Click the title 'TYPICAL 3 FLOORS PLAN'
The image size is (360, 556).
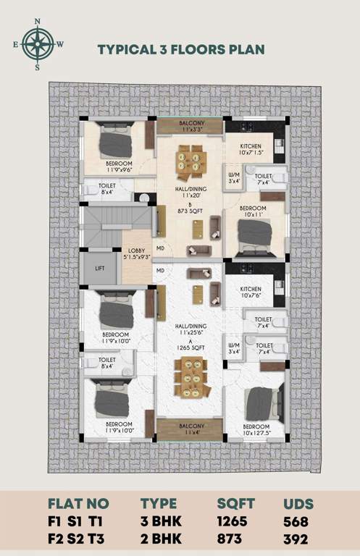pos(181,50)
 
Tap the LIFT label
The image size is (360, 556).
pos(100,268)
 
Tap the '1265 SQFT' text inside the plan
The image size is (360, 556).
pos(191,350)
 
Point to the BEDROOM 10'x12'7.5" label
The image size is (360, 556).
pos(258,429)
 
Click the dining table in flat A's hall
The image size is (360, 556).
pos(191,384)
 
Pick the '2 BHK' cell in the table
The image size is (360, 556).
pos(162,539)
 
